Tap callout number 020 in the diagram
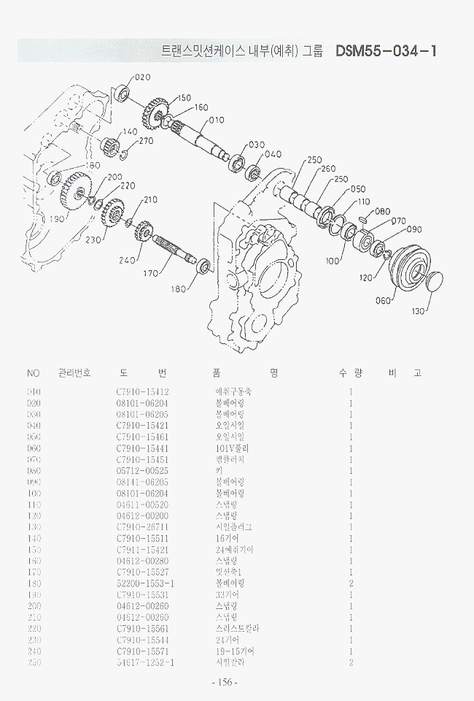pyautogui.click(x=142, y=77)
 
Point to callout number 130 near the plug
pyautogui.click(x=417, y=312)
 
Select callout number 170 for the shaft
pyautogui.click(x=150, y=273)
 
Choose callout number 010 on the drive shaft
pyautogui.click(x=217, y=120)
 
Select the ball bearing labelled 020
pyautogui.click(x=123, y=93)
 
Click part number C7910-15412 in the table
pyautogui.click(x=142, y=392)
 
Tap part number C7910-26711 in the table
pyautogui.click(x=142, y=526)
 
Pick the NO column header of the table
pyautogui.click(x=33, y=373)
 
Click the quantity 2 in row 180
pyautogui.click(x=351, y=583)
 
